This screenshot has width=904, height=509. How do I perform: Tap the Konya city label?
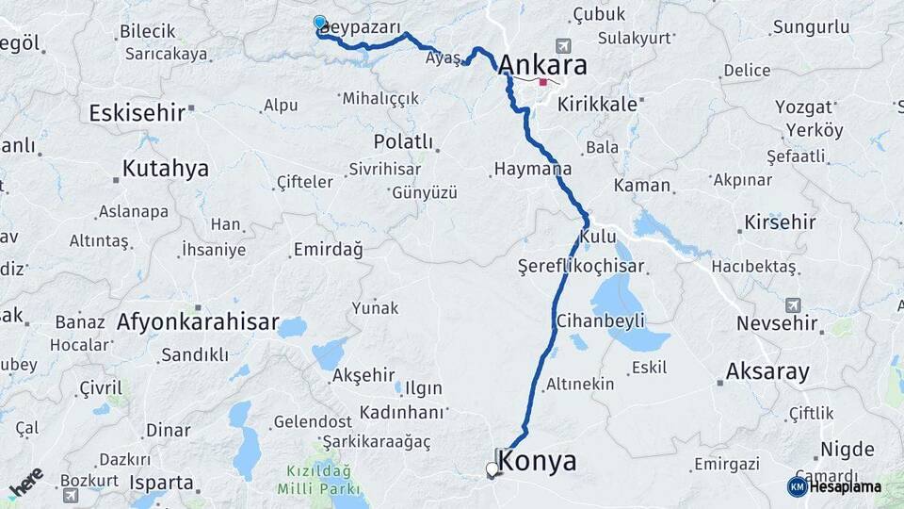tap(537, 462)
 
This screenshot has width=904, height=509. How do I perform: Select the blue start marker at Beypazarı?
tap(320, 23)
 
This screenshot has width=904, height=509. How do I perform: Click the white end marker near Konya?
tap(492, 468)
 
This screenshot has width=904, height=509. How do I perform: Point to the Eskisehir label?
tap(137, 113)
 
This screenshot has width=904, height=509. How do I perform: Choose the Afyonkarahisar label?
tap(198, 322)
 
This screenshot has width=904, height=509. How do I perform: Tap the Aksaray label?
tap(767, 371)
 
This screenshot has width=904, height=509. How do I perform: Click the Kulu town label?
tap(598, 236)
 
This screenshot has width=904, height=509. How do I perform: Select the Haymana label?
tap(532, 171)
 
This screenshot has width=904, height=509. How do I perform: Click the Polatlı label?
tap(403, 142)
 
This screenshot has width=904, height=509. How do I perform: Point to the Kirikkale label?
tap(597, 105)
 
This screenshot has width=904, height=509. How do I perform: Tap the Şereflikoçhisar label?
tap(580, 267)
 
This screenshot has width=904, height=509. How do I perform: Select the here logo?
tap(26, 482)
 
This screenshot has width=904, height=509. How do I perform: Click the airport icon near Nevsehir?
tap(792, 304)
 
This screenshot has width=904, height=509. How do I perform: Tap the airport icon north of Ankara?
tap(563, 45)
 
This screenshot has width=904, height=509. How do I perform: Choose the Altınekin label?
tap(580, 385)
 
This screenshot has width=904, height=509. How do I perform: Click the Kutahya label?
tap(165, 170)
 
